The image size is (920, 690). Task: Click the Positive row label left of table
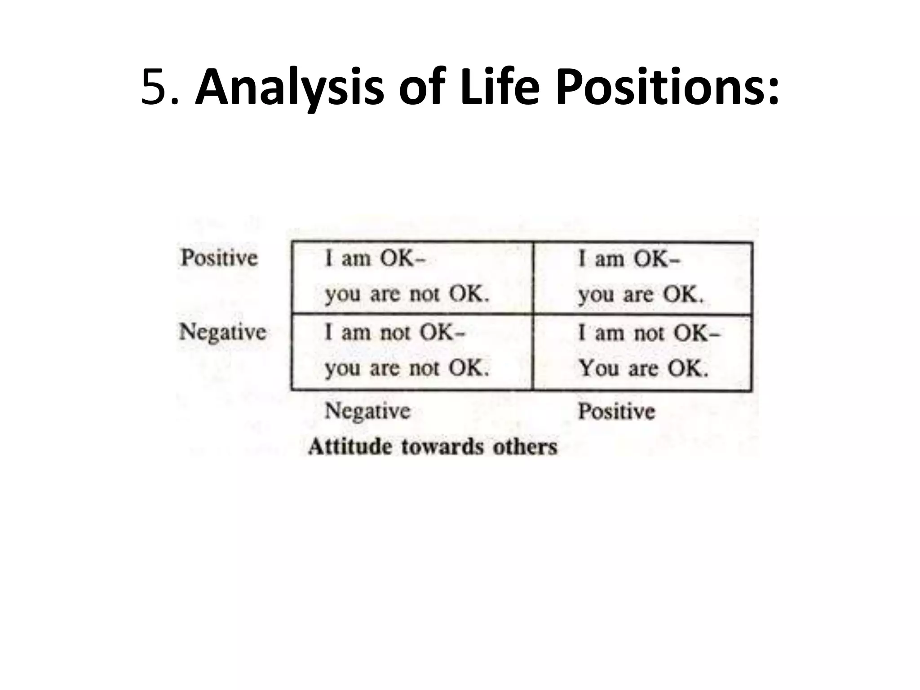(x=219, y=258)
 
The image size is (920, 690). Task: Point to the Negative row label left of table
(x=223, y=332)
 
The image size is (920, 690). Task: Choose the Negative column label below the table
(x=367, y=411)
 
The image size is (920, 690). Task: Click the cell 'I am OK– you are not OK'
(x=412, y=277)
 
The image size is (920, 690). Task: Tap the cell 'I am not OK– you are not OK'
(x=412, y=352)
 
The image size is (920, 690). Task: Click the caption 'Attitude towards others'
(x=433, y=447)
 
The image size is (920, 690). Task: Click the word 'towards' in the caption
(x=442, y=447)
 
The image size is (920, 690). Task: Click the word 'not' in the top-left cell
(x=424, y=295)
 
